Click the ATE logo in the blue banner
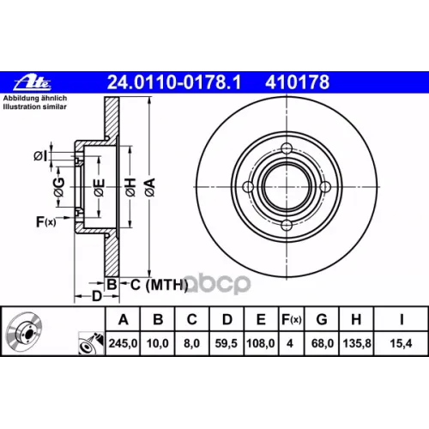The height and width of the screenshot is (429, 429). (x=33, y=82)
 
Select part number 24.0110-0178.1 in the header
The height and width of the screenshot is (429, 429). (x=174, y=82)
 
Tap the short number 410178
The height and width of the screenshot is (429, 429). (x=297, y=82)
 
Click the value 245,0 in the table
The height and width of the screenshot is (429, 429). (x=123, y=343)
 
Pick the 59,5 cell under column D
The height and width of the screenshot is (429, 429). (x=227, y=343)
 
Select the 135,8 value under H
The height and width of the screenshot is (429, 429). (x=357, y=343)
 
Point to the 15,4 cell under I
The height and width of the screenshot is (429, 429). (x=401, y=343)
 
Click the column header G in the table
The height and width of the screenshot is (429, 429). (x=322, y=319)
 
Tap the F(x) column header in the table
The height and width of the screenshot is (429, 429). (x=291, y=319)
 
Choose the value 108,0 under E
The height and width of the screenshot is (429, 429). (x=261, y=343)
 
